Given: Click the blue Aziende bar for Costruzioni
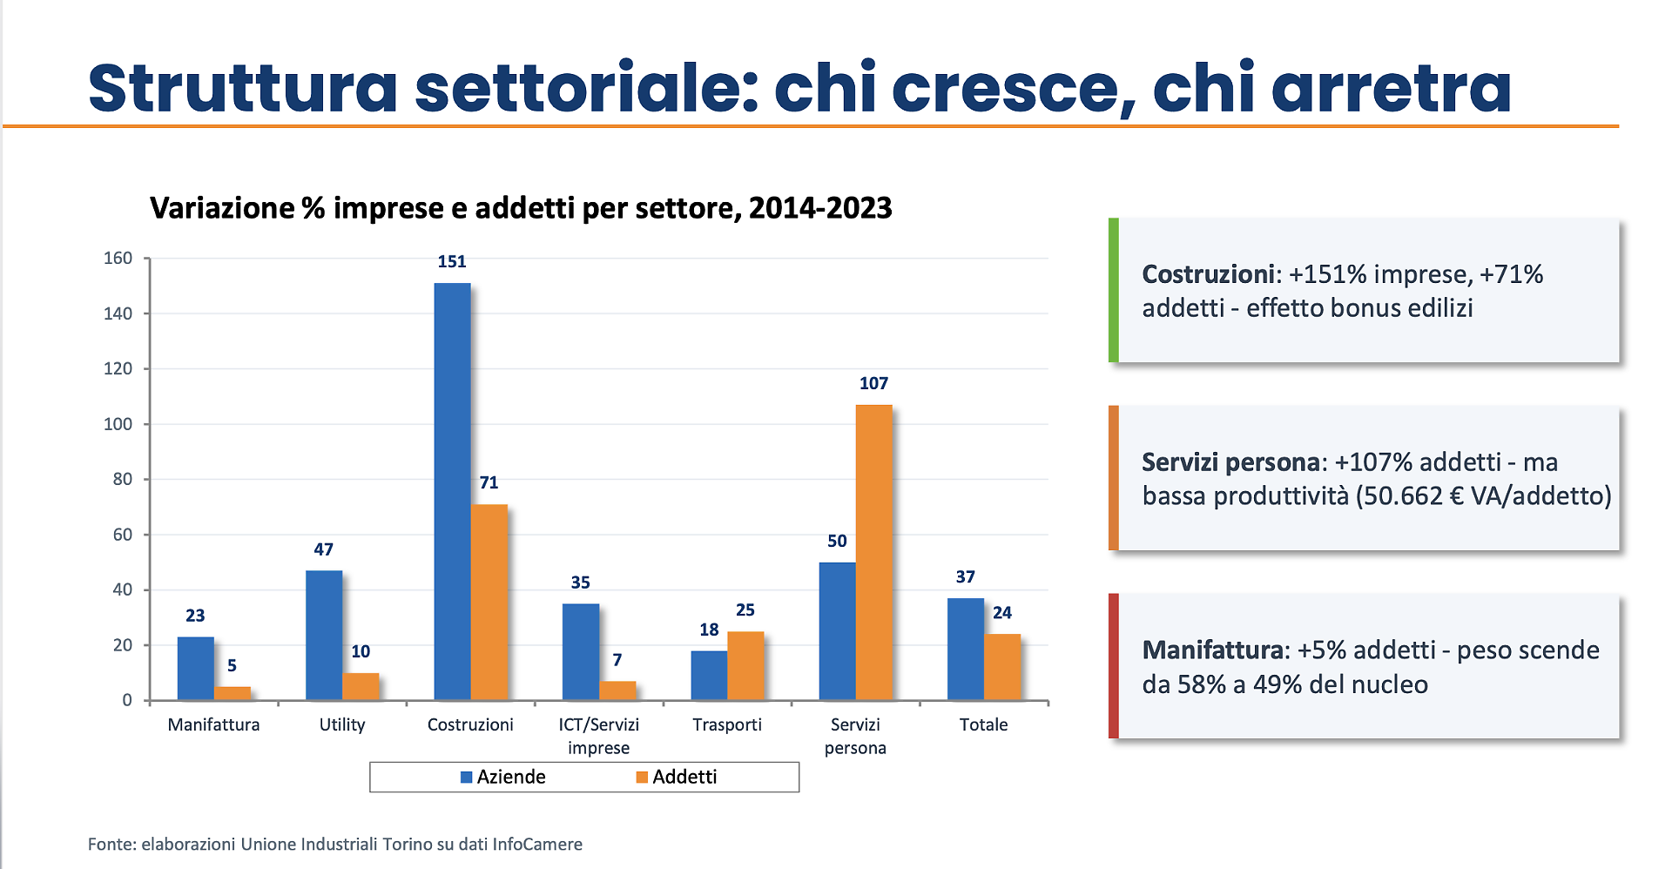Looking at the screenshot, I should (x=452, y=492).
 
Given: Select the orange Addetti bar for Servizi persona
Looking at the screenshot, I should (x=873, y=553).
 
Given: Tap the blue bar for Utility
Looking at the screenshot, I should (x=324, y=635).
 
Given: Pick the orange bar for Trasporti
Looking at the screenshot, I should (x=745, y=665).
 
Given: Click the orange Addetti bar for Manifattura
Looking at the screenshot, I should (x=233, y=693).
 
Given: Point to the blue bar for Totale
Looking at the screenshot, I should (x=965, y=649).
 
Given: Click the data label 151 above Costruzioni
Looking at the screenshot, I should (x=452, y=261).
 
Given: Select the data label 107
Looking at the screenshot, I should (x=873, y=383).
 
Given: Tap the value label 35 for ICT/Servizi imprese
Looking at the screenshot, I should (x=580, y=583).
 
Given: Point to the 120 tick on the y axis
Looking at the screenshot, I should (x=118, y=368).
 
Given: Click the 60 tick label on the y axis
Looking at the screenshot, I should (x=122, y=535).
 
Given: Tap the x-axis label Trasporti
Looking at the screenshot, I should (x=726, y=724).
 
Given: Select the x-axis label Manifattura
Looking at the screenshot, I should (x=213, y=724).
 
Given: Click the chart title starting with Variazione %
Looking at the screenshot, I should (x=520, y=208).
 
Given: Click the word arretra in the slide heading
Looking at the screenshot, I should (x=1391, y=89).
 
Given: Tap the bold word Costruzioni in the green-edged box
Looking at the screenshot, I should (x=1208, y=274).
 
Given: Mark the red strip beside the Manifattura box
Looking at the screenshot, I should (x=1113, y=666).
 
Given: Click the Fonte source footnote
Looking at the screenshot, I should (x=334, y=844).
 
